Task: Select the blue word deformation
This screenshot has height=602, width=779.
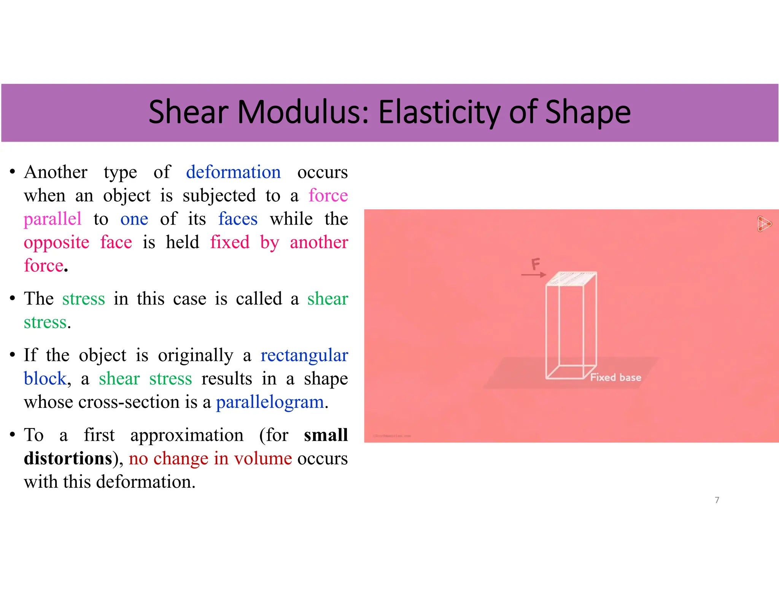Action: [233, 172]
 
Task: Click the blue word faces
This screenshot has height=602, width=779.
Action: [238, 219]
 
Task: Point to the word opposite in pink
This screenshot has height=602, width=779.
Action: [56, 242]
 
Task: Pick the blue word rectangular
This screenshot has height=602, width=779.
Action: [304, 355]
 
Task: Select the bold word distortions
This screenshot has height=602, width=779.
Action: [68, 458]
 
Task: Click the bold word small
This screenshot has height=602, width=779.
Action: [326, 435]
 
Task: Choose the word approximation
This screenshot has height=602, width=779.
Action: [187, 435]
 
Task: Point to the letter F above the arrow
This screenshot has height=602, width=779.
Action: [536, 263]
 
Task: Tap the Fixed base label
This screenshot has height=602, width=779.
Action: [615, 377]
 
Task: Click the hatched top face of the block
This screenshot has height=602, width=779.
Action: [571, 279]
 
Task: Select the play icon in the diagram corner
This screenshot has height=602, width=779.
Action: [764, 224]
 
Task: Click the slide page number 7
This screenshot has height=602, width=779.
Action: [717, 500]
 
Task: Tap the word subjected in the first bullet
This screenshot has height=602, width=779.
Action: [219, 196]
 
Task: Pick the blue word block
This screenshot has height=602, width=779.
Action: [45, 379]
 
